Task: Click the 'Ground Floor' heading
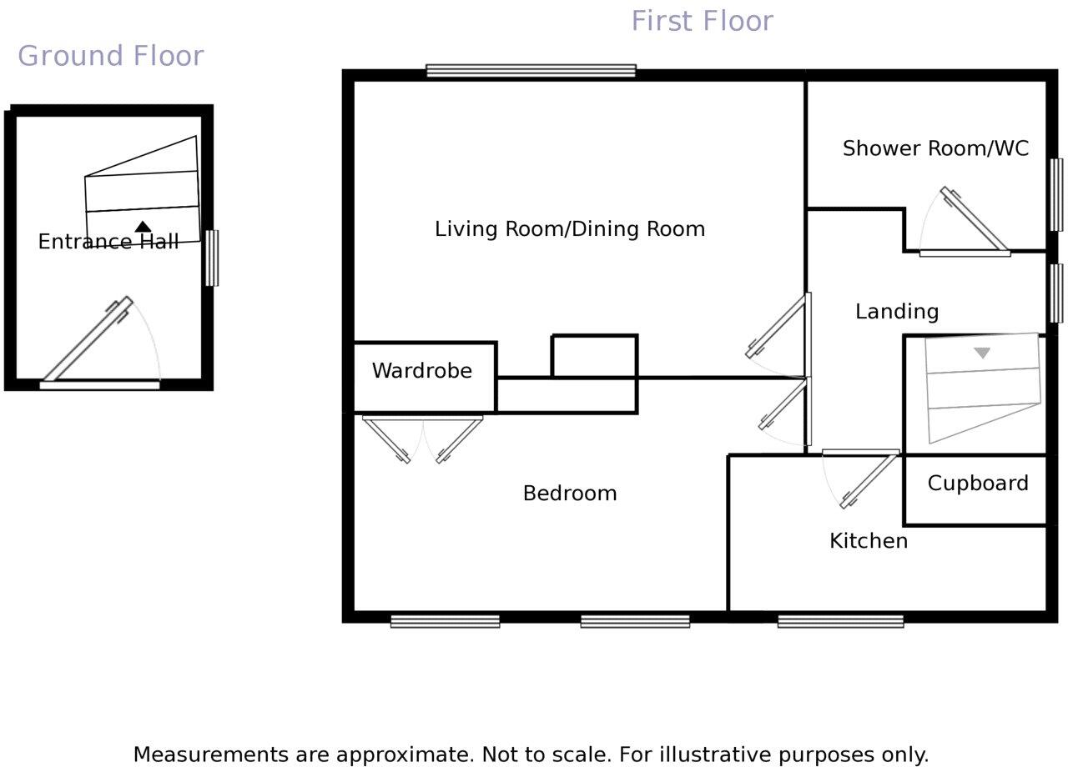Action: tap(110, 56)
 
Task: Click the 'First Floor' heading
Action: tap(702, 21)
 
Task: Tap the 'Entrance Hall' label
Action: tap(108, 242)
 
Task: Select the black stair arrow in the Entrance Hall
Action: tap(143, 226)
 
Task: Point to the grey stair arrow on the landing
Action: tap(982, 353)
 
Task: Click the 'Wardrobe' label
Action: tap(421, 370)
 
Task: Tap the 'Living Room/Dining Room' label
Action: tap(569, 228)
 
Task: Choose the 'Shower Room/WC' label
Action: tap(935, 148)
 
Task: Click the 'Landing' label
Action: tap(897, 311)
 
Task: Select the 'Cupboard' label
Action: tap(977, 483)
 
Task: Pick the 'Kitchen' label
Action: tap(868, 540)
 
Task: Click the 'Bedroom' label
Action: tap(569, 493)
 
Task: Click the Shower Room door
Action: tap(974, 218)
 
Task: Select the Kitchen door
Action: tap(869, 479)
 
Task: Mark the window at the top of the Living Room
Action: tap(531, 71)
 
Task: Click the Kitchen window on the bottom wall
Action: tap(840, 620)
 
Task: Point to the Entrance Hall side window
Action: tap(212, 258)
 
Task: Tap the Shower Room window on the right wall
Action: tap(1056, 194)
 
